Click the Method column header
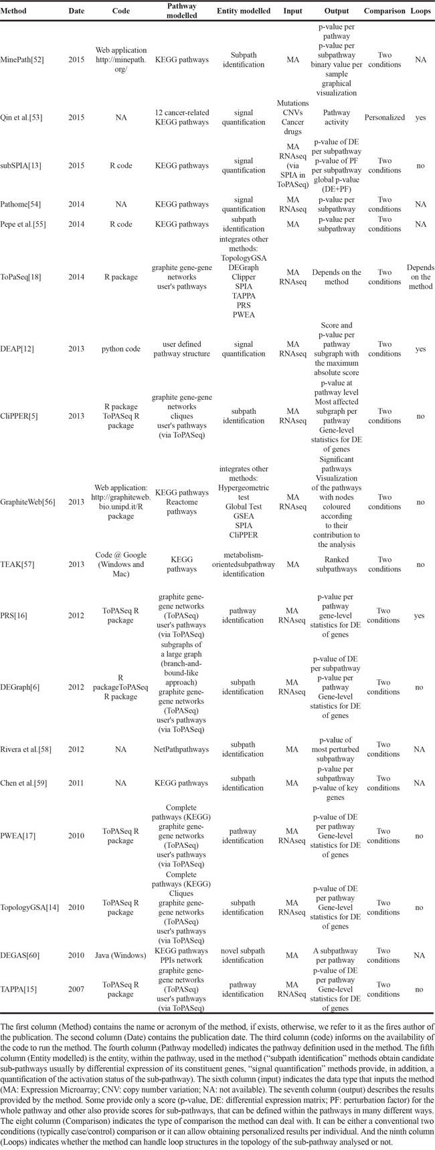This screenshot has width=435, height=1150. pyautogui.click(x=17, y=11)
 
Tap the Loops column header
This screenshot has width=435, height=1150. pyautogui.click(x=419, y=11)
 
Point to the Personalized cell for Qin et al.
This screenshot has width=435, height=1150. pyautogui.click(x=384, y=118)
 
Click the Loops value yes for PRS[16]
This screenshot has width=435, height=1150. pyautogui.click(x=419, y=616)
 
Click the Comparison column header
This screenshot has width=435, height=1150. pyautogui.click(x=384, y=11)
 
